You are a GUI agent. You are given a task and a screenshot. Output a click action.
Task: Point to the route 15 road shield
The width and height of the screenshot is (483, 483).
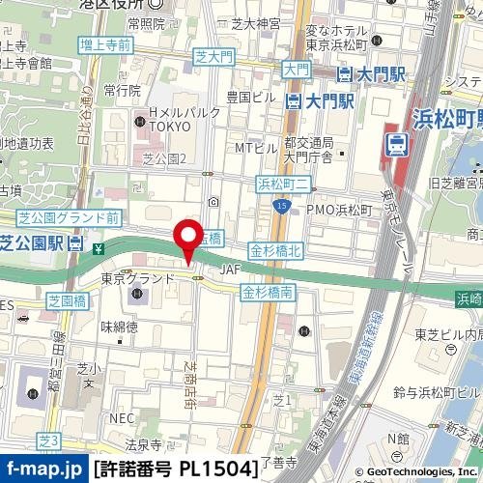[x=281, y=206]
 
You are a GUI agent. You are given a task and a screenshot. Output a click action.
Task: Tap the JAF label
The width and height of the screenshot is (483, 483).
[x=229, y=270]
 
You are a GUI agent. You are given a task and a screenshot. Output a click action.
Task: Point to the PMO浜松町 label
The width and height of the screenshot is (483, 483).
[x=339, y=209]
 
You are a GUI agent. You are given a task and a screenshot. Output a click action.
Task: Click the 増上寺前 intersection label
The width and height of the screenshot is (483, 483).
[x=106, y=44]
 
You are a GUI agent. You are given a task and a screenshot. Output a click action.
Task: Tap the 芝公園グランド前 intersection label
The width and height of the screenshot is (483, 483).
[x=69, y=218]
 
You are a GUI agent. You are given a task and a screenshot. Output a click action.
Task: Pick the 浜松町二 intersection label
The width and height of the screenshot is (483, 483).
[x=282, y=181]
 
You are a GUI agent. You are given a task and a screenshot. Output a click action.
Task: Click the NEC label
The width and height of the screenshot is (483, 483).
[x=121, y=418]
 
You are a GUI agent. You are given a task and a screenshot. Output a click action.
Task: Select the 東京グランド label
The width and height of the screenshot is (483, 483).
[x=137, y=278]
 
